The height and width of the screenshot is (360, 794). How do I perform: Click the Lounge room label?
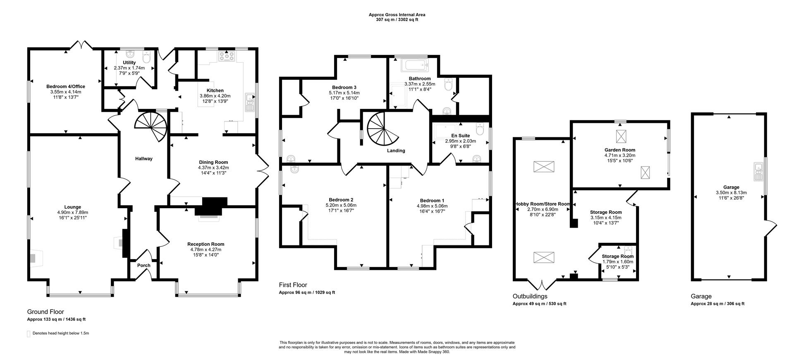point(72,207)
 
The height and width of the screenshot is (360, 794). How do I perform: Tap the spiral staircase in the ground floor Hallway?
point(151,126)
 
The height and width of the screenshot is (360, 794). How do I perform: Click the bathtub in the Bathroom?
point(415,65)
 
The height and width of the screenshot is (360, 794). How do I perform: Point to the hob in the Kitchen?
point(226,56)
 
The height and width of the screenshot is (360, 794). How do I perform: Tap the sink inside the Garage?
point(758,172)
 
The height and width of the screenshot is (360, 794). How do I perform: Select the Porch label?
point(143,265)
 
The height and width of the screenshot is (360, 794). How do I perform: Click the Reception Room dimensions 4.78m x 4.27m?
point(206,250)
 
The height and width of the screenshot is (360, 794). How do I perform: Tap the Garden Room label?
point(619,150)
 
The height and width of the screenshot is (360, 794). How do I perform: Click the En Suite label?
point(460,135)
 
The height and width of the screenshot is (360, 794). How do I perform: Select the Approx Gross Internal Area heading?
point(397,15)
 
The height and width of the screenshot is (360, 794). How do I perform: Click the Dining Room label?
point(213,162)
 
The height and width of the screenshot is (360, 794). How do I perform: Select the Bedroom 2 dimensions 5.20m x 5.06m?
point(341,205)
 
